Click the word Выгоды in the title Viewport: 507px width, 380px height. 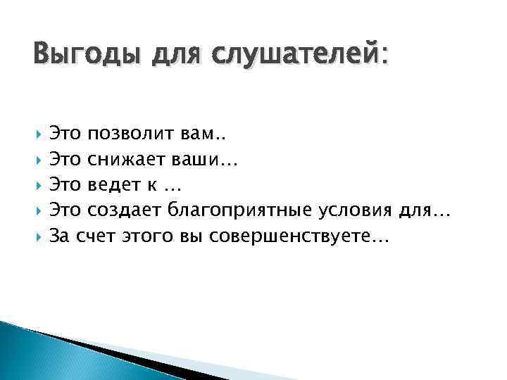point(80,54)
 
